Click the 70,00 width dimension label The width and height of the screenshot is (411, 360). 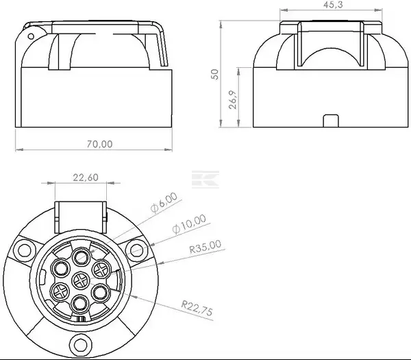click(x=99, y=144)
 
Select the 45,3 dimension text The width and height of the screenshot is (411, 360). click(x=333, y=5)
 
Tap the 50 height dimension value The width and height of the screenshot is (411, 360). click(x=214, y=74)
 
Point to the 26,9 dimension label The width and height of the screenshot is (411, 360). click(x=233, y=99)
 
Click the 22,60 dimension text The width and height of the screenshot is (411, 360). click(x=86, y=178)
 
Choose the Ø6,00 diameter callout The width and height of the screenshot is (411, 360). click(x=164, y=202)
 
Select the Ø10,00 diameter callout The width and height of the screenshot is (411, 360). click(x=189, y=224)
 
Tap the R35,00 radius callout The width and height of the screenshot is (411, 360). click(x=206, y=246)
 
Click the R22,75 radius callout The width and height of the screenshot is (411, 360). click(x=197, y=309)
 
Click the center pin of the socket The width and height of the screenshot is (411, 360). click(x=81, y=281)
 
